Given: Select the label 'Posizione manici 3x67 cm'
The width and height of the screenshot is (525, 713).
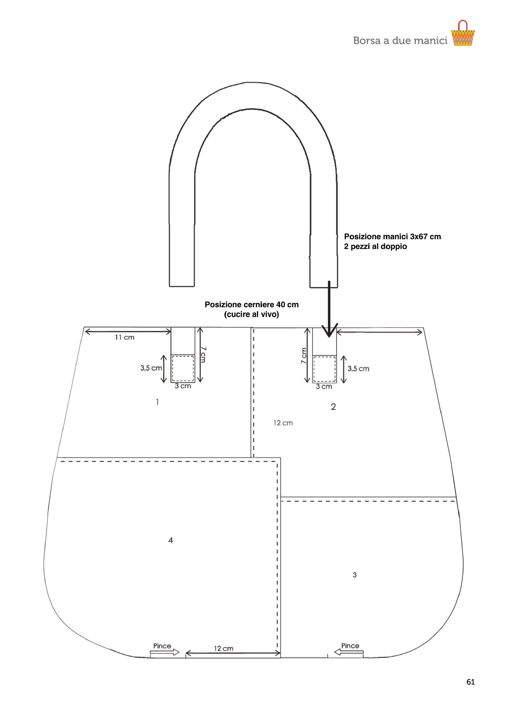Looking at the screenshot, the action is (392, 237).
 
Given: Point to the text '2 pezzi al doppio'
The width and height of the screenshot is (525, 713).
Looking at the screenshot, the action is (375, 247).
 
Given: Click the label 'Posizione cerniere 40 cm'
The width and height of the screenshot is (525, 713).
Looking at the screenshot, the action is (252, 305).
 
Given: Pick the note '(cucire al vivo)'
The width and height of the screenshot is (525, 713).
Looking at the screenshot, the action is (252, 315).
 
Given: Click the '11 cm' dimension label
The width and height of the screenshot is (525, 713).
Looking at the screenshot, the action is (124, 337).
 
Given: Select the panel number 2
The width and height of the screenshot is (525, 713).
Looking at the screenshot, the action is (333, 407).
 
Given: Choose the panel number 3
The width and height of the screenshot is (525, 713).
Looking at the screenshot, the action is (355, 575).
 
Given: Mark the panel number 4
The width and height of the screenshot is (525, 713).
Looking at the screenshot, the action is (171, 540).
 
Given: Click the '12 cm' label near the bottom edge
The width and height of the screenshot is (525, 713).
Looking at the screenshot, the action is (223, 649).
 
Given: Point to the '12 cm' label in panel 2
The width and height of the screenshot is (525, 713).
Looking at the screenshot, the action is (283, 423).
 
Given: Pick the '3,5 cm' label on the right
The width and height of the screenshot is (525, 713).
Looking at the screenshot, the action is (358, 368).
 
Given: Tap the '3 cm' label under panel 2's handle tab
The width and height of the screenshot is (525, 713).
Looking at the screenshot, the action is (324, 387).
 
